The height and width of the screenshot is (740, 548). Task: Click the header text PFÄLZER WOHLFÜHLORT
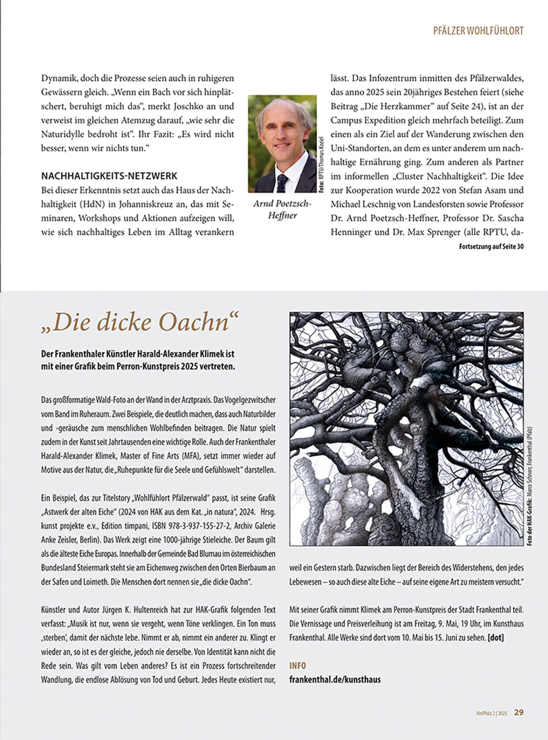point(478,31)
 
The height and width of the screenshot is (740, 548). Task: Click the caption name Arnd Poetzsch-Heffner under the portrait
point(282,209)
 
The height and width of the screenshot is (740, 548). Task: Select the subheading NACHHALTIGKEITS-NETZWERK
point(109,176)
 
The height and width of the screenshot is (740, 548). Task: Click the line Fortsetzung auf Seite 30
point(491,247)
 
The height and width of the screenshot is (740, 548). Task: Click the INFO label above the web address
point(297,666)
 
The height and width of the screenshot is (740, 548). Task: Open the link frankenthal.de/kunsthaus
point(335,679)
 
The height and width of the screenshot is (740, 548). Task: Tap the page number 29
point(519,712)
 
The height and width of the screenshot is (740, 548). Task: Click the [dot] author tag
point(496,638)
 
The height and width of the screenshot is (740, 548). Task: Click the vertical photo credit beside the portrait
point(321,165)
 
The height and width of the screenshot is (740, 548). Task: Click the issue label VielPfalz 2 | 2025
point(491,713)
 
